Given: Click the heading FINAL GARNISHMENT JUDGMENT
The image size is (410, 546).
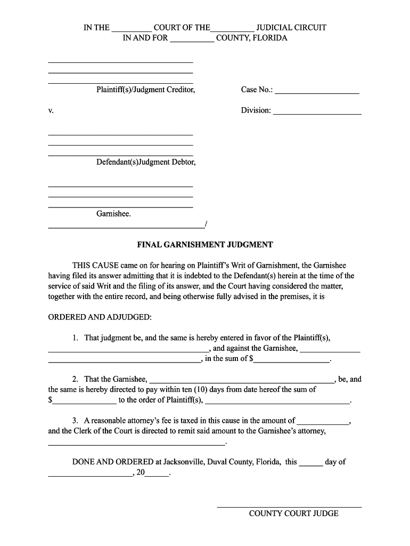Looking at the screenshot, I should click(205, 245).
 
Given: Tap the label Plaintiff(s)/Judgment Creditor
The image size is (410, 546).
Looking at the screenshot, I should click(145, 90).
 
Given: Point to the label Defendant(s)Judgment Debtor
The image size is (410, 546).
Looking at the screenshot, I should click(145, 162).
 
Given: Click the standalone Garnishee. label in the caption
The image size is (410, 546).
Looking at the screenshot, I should click(113, 214).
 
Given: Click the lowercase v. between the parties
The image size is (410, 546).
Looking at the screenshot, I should click(51, 111).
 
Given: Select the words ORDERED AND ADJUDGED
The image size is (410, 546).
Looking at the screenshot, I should click(100, 317).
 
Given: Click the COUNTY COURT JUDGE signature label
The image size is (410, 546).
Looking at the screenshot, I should click(293, 513).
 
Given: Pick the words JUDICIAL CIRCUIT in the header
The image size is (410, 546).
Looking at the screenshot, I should click(291, 27).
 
